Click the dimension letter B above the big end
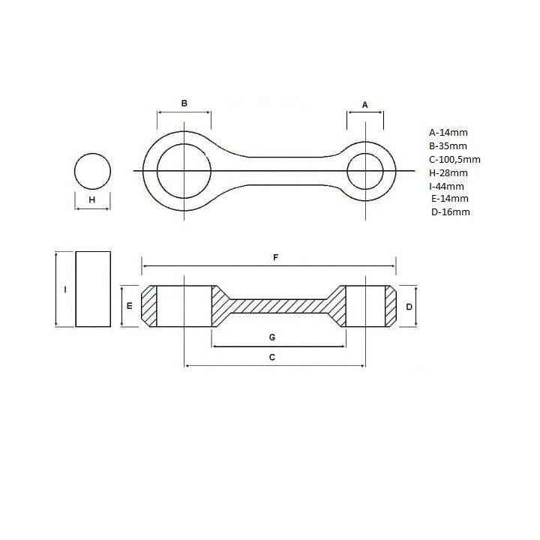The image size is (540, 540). pyautogui.click(x=184, y=103)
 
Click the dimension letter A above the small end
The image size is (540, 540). pyautogui.click(x=365, y=105)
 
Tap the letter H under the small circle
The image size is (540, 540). pyautogui.click(x=92, y=199)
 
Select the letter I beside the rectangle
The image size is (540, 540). pyautogui.click(x=65, y=289)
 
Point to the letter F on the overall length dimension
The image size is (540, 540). pyautogui.click(x=275, y=257)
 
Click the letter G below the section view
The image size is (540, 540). pyautogui.click(x=272, y=337)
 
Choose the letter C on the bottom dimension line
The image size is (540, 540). pyautogui.click(x=272, y=357)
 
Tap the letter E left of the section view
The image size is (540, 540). pyautogui.click(x=130, y=305)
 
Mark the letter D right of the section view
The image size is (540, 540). pyautogui.click(x=409, y=307)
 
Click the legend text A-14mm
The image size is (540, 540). pyautogui.click(x=448, y=132)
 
